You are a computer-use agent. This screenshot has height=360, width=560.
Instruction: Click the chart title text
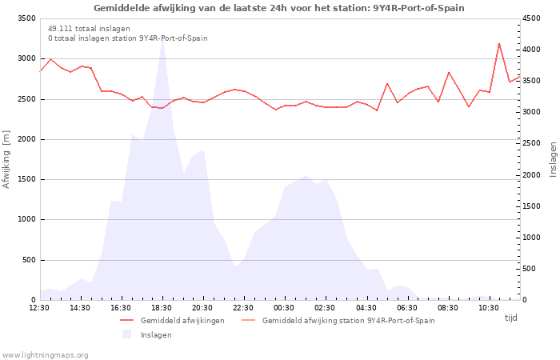[x=278, y=8]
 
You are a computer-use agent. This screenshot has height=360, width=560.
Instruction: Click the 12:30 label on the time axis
[x=39, y=307]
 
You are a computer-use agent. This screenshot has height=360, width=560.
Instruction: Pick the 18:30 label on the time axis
[x=162, y=307]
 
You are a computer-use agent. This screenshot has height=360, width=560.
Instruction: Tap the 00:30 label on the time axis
[x=285, y=307]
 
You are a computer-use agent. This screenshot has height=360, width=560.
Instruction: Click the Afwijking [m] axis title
[x=7, y=159]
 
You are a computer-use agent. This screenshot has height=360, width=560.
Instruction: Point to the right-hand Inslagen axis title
[x=552, y=159]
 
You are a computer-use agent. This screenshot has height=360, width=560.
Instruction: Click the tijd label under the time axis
[x=510, y=318]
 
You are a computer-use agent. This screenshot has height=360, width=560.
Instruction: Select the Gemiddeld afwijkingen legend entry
[x=182, y=320]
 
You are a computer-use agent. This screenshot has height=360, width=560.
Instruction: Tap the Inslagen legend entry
[x=156, y=334]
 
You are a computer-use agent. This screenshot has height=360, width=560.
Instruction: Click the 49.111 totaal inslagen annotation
[x=89, y=28]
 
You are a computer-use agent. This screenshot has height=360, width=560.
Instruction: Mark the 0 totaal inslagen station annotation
[x=127, y=38]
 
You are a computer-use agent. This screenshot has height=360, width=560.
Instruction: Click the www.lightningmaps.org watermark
[x=46, y=354]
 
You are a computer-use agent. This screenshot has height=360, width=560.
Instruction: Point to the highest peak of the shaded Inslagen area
[x=162, y=38]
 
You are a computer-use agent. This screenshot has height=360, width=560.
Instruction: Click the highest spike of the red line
[x=499, y=43]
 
